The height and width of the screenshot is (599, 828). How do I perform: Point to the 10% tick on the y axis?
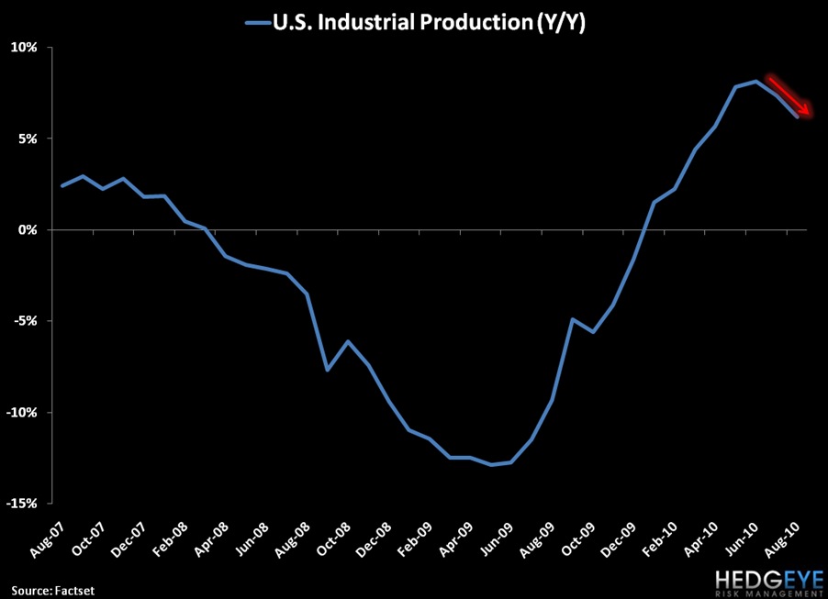[26, 48]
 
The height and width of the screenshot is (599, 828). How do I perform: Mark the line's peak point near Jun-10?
[755, 81]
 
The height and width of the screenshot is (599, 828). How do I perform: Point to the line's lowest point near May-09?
[492, 464]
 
